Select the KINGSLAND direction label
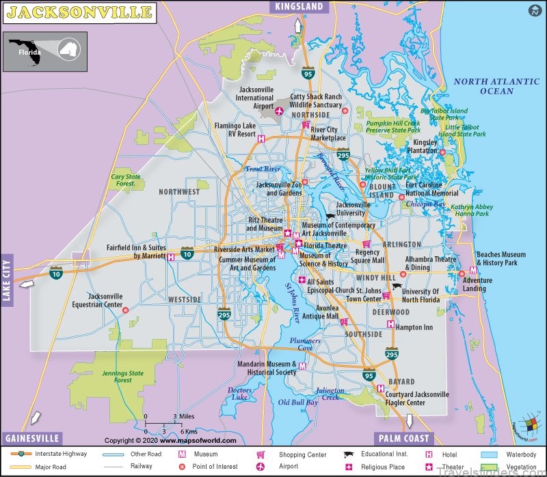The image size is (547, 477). [299, 7]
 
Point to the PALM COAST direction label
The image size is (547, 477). [403, 438]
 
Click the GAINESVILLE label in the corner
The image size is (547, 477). [32, 438]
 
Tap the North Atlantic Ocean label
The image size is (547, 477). [496, 86]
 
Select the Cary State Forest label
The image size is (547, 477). [126, 180]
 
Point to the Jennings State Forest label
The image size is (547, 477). [122, 377]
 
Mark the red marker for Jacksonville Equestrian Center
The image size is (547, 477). [125, 310]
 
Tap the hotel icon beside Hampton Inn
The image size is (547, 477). [390, 325]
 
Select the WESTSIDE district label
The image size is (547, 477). [185, 299]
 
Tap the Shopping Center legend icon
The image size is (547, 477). [260, 454]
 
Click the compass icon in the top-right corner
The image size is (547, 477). [533, 10]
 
